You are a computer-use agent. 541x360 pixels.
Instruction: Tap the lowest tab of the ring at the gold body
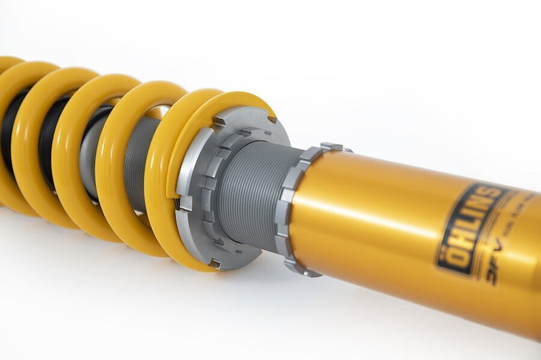(x=308, y=271)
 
